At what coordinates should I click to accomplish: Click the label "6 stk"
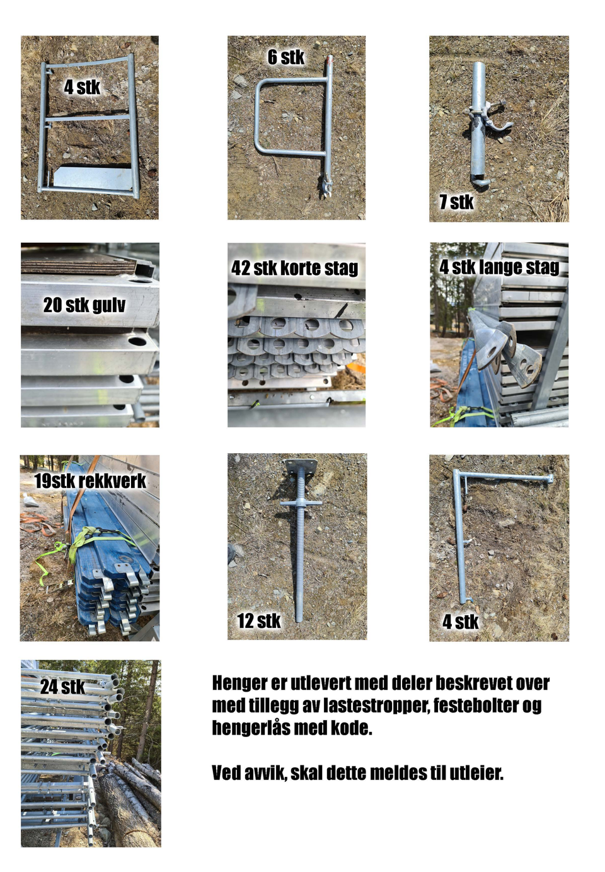[285, 57]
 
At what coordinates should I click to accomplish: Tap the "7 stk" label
[456, 202]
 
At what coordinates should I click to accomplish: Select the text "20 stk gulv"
[84, 305]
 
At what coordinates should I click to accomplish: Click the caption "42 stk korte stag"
[294, 268]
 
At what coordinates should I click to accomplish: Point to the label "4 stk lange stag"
[499, 267]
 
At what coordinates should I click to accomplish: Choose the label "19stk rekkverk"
[90, 481]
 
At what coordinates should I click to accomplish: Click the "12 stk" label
[259, 620]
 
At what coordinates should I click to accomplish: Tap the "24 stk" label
[62, 687]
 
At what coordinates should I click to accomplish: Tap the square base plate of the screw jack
[301, 466]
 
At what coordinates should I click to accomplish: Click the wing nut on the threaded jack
[301, 503]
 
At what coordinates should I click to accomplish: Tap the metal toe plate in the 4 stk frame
[93, 177]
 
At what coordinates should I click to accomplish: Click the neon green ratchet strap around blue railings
[86, 540]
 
